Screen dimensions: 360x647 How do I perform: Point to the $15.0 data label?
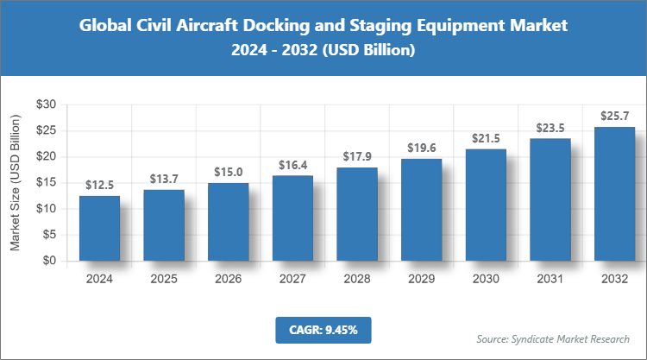click(229, 171)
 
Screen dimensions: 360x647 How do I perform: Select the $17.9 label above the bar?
click(357, 156)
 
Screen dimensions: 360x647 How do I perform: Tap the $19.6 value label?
click(421, 147)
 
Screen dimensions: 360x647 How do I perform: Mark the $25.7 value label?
click(614, 116)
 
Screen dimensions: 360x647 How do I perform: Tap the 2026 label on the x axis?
click(229, 279)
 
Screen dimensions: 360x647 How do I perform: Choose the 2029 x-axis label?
click(421, 279)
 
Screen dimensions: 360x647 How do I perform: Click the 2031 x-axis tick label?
click(550, 279)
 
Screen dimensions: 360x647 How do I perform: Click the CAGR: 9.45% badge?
click(323, 329)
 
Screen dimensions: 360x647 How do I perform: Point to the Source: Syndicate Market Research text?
click(553, 338)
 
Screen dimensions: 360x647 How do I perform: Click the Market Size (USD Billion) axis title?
click(16, 182)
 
